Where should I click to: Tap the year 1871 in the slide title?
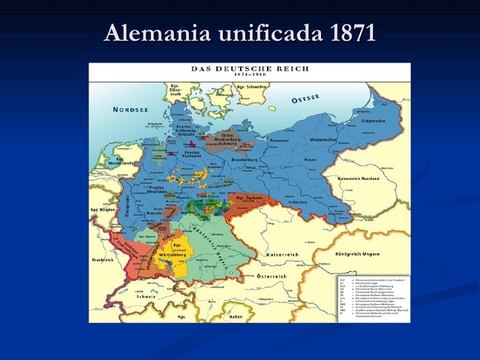(345, 33)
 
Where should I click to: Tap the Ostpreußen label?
(373, 120)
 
